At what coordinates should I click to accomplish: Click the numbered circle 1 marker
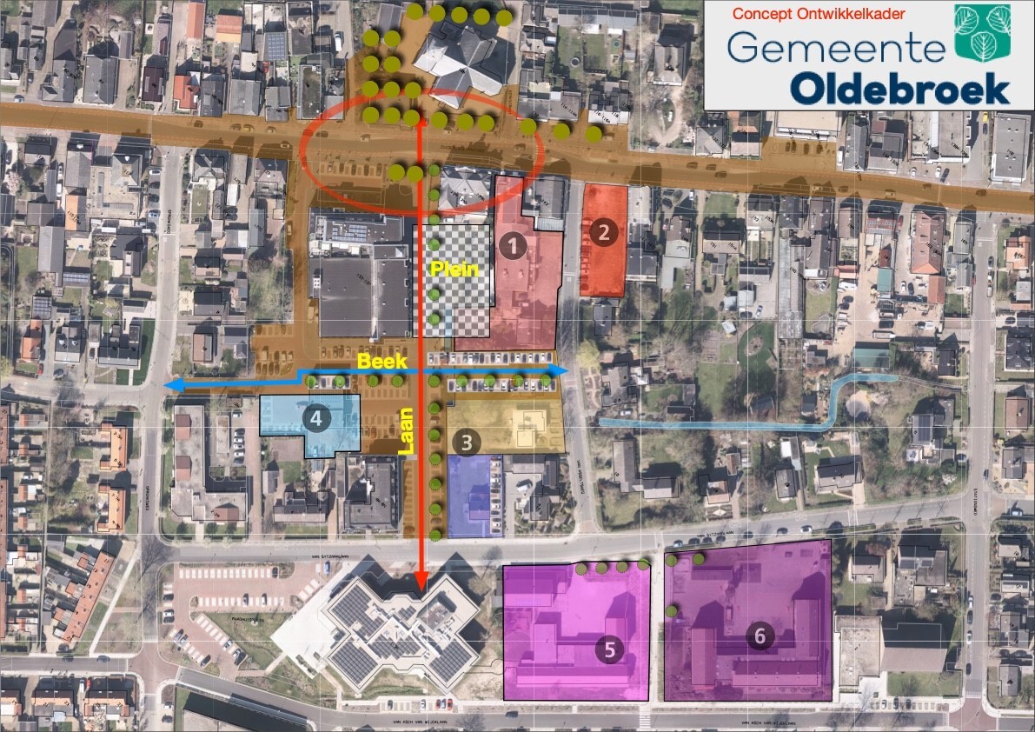click(515, 246)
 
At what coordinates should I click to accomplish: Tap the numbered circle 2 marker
click(603, 231)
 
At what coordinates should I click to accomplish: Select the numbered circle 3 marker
click(468, 443)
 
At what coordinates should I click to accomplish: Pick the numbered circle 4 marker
click(316, 418)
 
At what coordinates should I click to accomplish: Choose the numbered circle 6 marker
click(760, 636)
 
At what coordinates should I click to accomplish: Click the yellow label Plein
click(455, 270)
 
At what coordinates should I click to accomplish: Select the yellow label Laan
click(406, 432)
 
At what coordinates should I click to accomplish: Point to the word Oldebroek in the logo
click(899, 88)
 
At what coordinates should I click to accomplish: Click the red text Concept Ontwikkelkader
click(819, 14)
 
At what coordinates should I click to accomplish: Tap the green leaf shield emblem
click(982, 30)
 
